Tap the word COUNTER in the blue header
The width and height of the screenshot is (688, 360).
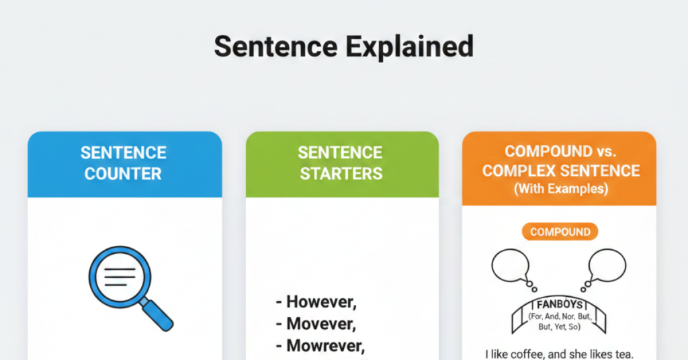pos(123,173)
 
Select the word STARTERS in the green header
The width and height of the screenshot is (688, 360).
pos(341,173)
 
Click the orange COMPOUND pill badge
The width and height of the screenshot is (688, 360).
pos(560,232)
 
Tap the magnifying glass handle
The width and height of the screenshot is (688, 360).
pos(157,313)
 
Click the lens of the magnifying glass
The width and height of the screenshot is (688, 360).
pos(118,275)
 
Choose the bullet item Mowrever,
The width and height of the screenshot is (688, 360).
pos(320,346)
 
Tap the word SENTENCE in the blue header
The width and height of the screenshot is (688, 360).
pos(123,152)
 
